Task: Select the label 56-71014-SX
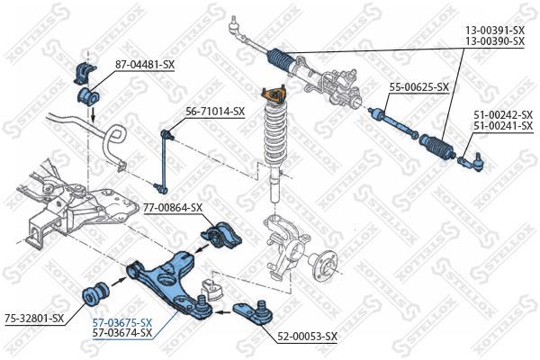tap(215, 112)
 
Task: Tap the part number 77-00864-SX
tap(173, 207)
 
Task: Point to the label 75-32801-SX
tap(34, 318)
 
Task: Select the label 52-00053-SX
tap(307, 336)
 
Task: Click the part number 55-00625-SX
tap(418, 87)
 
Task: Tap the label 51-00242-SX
tap(503, 115)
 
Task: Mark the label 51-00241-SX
tap(503, 126)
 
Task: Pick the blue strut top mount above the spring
tap(271, 95)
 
